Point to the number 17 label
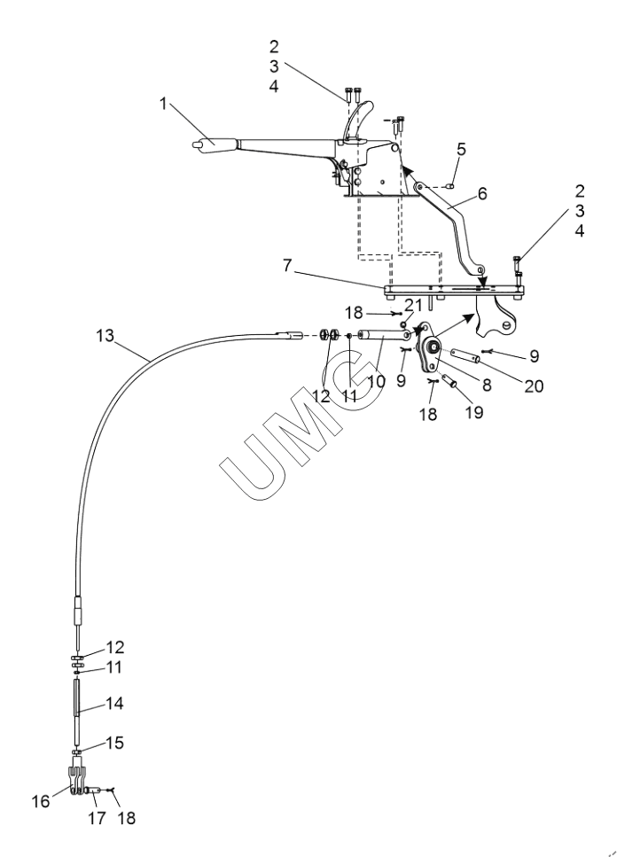[x=98, y=817]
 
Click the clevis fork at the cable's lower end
[x=77, y=780]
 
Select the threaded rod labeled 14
[x=78, y=706]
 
